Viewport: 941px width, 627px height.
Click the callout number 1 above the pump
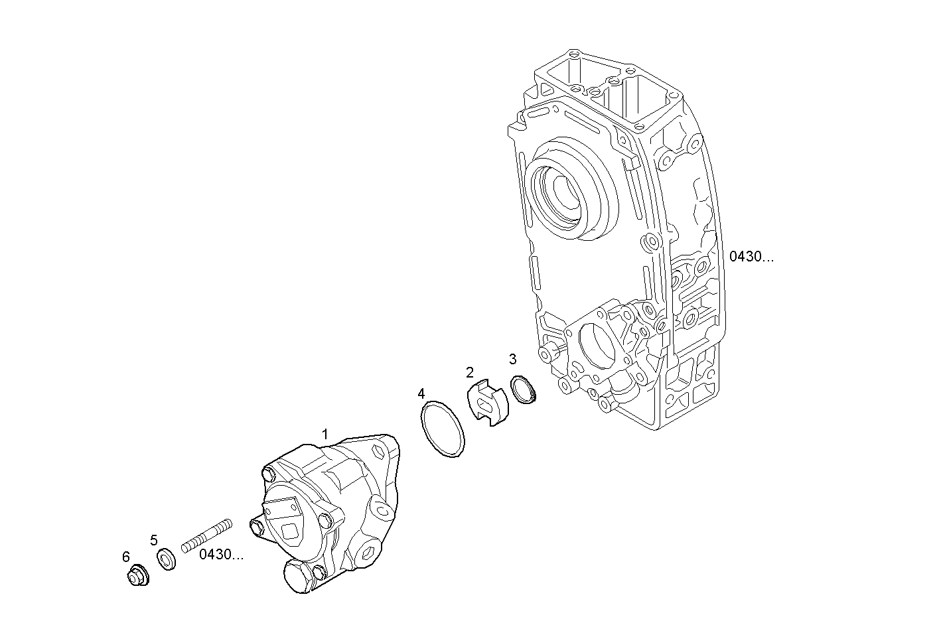click(x=325, y=434)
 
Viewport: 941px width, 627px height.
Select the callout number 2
click(x=470, y=372)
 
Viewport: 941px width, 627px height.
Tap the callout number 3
click(x=512, y=360)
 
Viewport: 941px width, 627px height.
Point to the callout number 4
click(x=421, y=394)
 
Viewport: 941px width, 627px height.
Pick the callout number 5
click(x=154, y=539)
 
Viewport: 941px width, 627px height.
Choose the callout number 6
click(x=126, y=557)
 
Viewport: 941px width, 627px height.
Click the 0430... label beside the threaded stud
click(x=222, y=555)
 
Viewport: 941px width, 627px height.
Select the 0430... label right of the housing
click(x=751, y=257)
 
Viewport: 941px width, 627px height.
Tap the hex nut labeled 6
click(x=138, y=575)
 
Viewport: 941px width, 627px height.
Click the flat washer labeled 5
click(x=167, y=559)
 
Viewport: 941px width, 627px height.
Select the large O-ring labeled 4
click(x=443, y=429)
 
